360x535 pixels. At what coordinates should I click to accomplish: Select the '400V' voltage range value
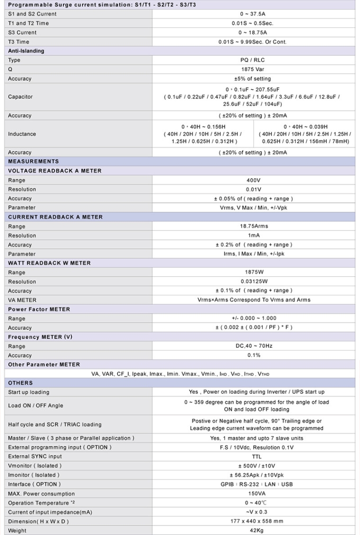(253, 180)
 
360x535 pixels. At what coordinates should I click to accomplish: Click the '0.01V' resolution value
(253, 189)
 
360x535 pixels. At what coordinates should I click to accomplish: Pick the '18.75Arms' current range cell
(253, 227)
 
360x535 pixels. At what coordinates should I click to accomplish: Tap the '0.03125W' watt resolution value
(253, 281)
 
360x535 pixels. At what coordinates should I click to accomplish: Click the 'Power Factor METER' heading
(39, 309)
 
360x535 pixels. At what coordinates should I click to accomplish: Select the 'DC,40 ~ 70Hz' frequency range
(254, 346)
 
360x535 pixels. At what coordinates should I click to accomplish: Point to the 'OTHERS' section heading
(20, 383)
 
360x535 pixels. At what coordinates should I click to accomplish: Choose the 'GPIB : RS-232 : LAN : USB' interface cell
(254, 484)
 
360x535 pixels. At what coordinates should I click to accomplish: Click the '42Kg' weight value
(254, 530)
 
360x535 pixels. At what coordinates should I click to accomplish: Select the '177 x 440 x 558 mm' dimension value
(254, 521)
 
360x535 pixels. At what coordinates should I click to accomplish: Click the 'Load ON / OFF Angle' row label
(36, 406)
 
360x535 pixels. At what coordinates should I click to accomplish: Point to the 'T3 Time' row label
(18, 42)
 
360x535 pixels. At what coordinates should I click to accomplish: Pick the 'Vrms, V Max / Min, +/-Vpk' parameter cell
(254, 208)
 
